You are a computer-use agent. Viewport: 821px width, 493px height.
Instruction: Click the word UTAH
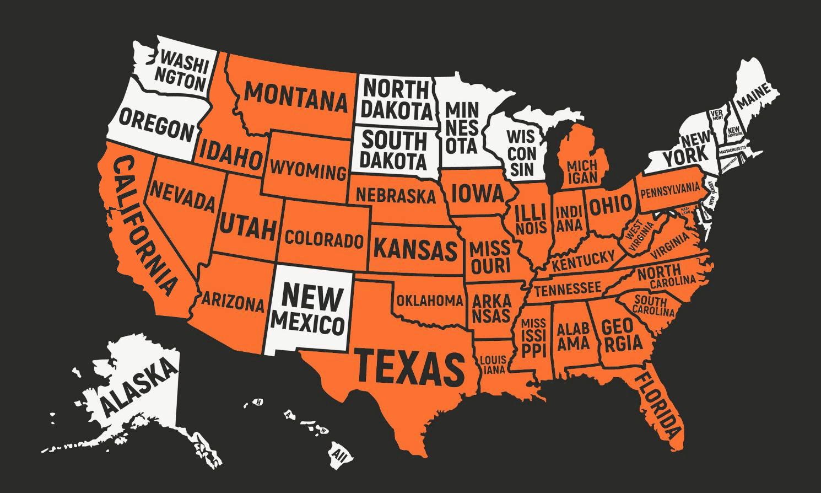(x=247, y=226)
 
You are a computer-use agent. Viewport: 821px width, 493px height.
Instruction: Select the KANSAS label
(x=415, y=249)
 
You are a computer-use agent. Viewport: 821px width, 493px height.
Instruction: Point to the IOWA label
(x=477, y=194)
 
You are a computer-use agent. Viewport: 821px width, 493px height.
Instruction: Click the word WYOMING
(x=308, y=169)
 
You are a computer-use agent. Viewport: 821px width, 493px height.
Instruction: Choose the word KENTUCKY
(x=583, y=260)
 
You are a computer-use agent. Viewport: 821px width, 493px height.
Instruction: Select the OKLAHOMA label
(x=429, y=301)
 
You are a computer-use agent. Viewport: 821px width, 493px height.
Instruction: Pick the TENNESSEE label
(x=567, y=288)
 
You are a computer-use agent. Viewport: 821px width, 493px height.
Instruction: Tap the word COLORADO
(x=324, y=239)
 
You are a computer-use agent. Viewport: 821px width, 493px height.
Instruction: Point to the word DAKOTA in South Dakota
(x=394, y=161)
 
